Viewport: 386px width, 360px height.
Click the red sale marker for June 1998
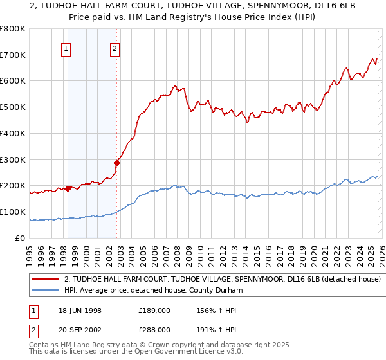tap(68, 188)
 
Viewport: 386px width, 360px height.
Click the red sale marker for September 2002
tap(116, 163)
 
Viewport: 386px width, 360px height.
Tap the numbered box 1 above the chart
tap(67, 47)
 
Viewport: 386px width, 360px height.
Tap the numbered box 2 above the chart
tap(115, 47)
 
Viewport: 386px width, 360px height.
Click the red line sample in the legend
tap(45, 280)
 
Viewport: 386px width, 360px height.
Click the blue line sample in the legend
tap(45, 291)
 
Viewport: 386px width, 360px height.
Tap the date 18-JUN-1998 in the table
tap(78, 310)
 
